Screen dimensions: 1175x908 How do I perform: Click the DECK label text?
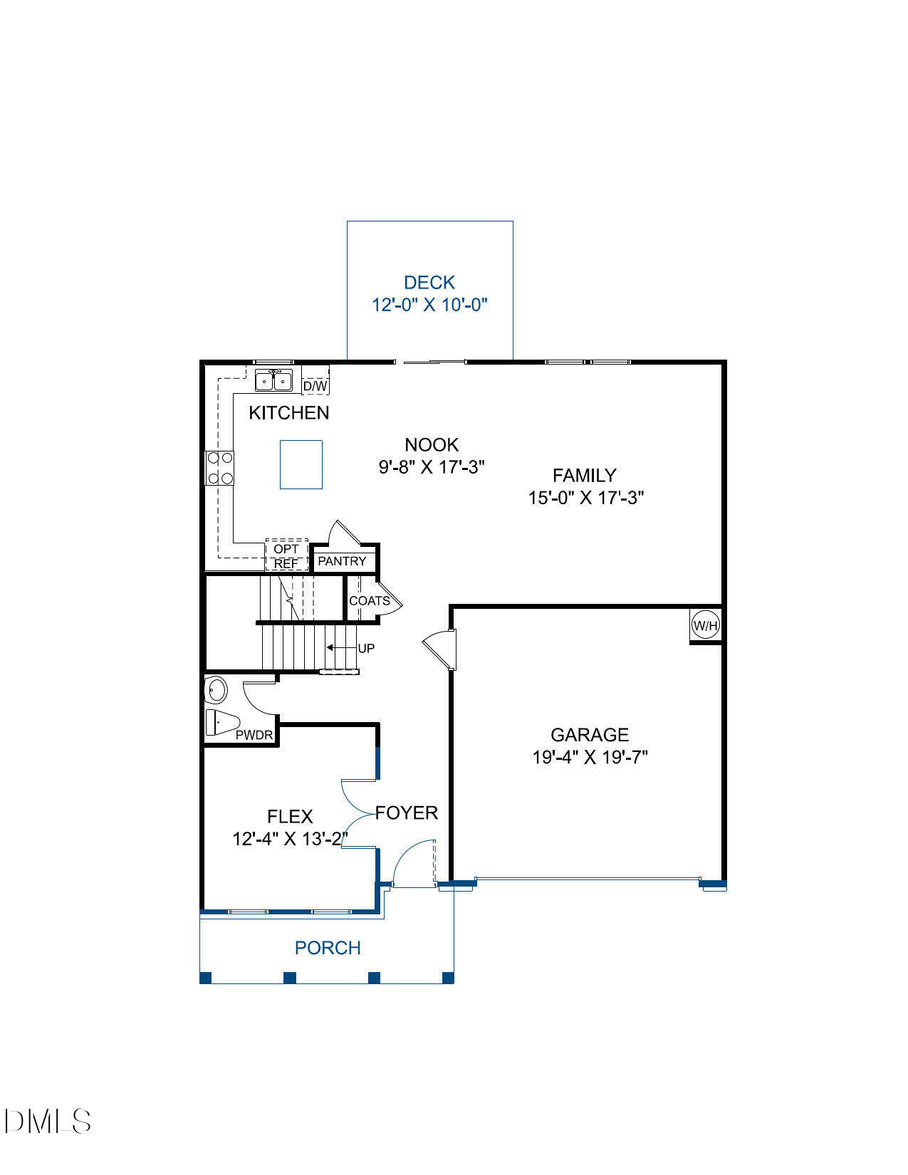429,283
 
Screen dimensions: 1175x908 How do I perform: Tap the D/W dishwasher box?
315,386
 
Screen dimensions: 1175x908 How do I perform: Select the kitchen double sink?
273,381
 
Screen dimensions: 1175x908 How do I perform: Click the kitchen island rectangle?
301,464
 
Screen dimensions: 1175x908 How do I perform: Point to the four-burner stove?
219,469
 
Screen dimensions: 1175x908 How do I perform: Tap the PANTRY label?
342,561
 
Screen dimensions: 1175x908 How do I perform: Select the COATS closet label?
369,601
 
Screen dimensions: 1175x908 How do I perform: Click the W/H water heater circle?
706,626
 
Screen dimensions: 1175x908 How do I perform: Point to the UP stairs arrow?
340,648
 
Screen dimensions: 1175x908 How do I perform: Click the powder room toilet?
221,722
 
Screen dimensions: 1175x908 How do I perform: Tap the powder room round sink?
216,689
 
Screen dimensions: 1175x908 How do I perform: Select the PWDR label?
254,735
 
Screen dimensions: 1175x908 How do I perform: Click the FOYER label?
407,813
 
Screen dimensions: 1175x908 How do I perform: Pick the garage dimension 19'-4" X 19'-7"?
590,757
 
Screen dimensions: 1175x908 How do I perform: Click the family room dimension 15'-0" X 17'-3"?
585,498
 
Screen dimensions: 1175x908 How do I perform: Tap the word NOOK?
432,445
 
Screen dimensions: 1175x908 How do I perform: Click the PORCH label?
328,948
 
